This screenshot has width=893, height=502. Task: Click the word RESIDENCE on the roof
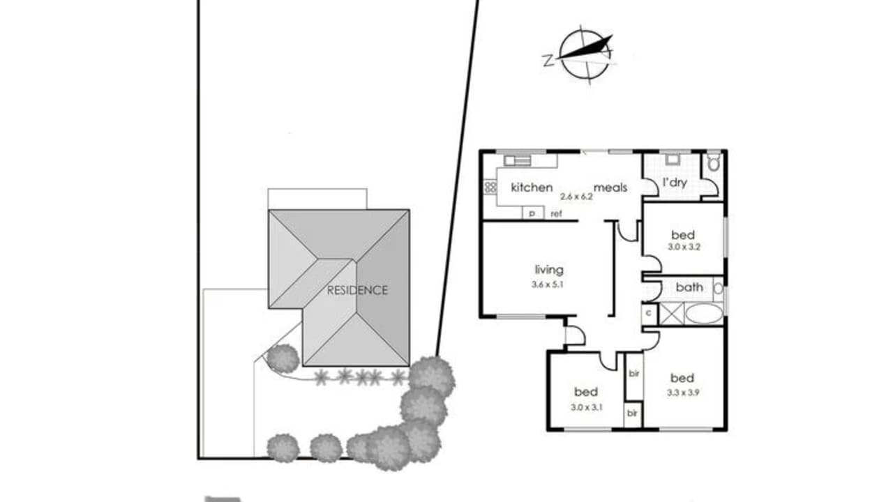point(357,290)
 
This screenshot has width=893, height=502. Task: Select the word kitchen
point(532,187)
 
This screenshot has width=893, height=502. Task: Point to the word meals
point(610,187)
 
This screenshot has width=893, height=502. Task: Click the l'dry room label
point(674,182)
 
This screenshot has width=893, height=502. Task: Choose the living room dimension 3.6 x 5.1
point(549,284)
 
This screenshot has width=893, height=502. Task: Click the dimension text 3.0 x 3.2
point(682,247)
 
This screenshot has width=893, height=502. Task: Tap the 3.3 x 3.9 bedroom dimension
point(682,392)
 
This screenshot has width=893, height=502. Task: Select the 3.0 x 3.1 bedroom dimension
point(585,406)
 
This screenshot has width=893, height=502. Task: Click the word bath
point(689,287)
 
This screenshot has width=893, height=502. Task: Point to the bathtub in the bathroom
point(703,314)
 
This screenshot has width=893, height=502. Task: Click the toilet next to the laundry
point(713,164)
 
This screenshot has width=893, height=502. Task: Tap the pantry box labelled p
point(532,213)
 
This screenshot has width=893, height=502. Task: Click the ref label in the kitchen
point(557,213)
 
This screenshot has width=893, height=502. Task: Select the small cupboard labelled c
point(649,313)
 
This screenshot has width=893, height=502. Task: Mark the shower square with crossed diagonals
point(671,314)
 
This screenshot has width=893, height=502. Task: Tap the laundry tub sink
point(673,160)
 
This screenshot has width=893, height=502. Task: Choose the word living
point(549,270)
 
